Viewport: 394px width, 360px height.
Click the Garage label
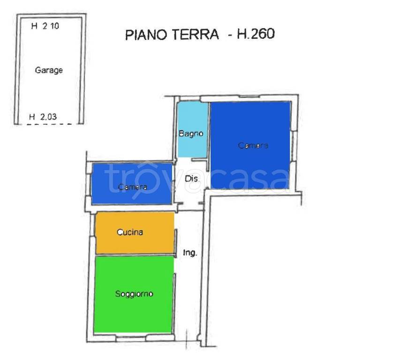click(x=49, y=70)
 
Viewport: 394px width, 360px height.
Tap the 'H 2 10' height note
click(x=45, y=27)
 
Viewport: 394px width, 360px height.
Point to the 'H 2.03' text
click(x=43, y=117)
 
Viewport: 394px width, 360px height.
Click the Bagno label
click(x=191, y=134)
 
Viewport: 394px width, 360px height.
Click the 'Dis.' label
click(x=192, y=179)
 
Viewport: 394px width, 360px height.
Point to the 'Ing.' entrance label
click(x=189, y=253)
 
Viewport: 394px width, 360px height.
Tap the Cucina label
click(x=129, y=232)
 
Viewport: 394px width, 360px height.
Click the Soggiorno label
click(x=134, y=294)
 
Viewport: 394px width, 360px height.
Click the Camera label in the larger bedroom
click(x=253, y=145)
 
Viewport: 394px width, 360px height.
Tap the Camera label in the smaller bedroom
click(x=133, y=187)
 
